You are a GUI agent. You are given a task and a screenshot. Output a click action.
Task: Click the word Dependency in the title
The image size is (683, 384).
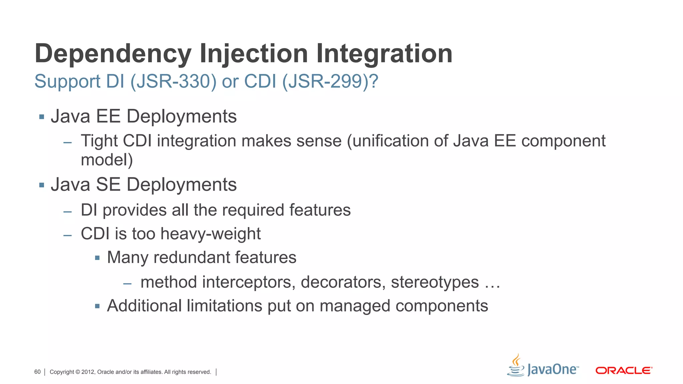(113, 54)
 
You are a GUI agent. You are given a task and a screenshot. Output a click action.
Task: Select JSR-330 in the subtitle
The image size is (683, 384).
(173, 81)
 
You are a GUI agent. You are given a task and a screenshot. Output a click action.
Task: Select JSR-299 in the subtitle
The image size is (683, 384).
(325, 81)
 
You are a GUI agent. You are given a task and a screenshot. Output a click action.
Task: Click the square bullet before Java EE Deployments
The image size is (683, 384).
(42, 117)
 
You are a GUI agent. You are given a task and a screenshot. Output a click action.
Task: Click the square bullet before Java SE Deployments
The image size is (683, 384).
(42, 185)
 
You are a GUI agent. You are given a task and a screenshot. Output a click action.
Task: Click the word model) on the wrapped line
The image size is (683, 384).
(107, 160)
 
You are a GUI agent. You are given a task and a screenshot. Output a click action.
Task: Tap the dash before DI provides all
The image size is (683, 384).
(68, 212)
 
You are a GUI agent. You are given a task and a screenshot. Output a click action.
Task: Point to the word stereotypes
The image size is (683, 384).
(435, 282)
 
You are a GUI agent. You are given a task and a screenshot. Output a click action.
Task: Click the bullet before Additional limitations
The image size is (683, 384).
(97, 306)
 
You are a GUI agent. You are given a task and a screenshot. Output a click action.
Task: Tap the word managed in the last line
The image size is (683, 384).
(355, 306)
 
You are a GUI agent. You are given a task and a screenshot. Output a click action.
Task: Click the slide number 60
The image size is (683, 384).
(37, 372)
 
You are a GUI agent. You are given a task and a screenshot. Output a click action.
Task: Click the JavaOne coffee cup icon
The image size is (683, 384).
(516, 366)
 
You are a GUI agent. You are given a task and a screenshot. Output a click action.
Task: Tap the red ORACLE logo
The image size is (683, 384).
(624, 371)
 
